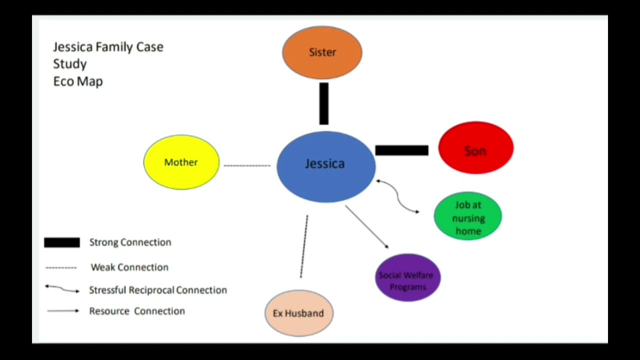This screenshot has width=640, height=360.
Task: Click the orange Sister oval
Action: (322, 52)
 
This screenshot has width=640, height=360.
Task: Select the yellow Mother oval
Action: (181, 162)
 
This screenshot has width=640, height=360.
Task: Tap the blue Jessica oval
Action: (325, 166)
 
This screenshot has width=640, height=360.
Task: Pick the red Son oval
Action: (475, 148)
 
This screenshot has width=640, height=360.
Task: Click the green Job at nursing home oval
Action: (468, 217)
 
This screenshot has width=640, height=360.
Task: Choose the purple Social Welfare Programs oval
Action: (407, 278)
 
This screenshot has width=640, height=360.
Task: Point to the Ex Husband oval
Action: (298, 313)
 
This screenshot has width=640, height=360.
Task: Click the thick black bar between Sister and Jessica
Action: (324, 103)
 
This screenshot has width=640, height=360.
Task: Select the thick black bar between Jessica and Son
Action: (401, 150)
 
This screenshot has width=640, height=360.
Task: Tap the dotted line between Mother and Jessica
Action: (247, 165)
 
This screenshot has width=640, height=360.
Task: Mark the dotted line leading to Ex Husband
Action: (304, 246)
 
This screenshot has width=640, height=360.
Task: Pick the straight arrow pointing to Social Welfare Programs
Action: (366, 226)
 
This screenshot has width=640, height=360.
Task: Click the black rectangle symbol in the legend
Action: (62, 242)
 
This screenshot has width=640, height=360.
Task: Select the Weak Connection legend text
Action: (129, 267)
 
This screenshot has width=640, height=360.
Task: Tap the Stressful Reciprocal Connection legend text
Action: (158, 290)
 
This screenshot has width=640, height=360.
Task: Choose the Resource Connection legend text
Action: (137, 311)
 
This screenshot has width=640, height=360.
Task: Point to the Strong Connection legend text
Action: (130, 242)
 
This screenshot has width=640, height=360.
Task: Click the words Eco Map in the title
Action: (78, 81)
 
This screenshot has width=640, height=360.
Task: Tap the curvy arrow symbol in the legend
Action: (62, 289)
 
